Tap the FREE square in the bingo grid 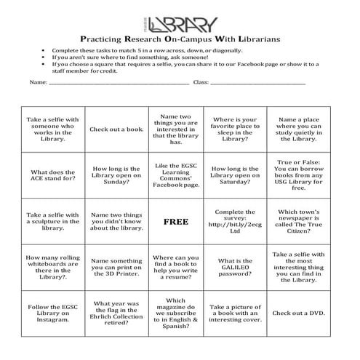coord(175,221)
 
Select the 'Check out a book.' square coord(116,129)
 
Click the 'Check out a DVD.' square coord(298,313)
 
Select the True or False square coord(298,175)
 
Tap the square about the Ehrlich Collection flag coord(116,313)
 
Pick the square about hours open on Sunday coord(116,175)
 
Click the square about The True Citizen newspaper coord(298,221)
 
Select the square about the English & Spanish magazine coord(175,313)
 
